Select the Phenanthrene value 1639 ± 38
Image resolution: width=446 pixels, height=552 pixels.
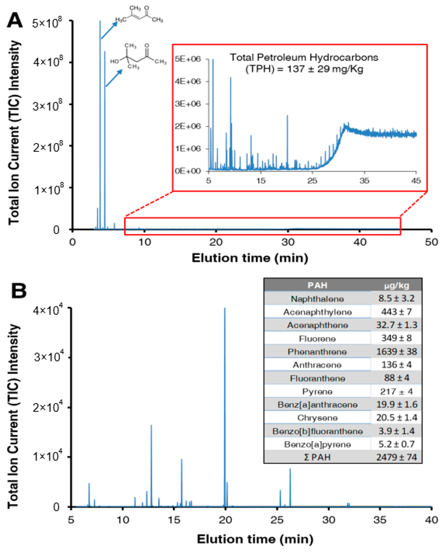396,351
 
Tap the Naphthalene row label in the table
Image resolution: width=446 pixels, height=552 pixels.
317,299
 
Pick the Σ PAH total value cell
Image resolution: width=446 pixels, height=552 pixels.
396,457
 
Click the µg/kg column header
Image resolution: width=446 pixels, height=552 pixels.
396,285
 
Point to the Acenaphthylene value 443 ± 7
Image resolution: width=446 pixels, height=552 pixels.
396,312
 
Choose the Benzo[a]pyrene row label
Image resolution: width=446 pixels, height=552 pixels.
317,444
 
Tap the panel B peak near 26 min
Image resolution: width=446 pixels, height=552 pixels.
290,484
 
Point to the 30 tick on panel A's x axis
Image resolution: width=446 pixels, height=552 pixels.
288,242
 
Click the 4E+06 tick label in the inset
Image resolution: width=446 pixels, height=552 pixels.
188,81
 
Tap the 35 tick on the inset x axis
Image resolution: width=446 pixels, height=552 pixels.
364,180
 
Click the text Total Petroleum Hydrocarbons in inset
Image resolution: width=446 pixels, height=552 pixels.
304,57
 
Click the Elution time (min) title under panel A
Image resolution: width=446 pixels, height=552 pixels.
250,258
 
